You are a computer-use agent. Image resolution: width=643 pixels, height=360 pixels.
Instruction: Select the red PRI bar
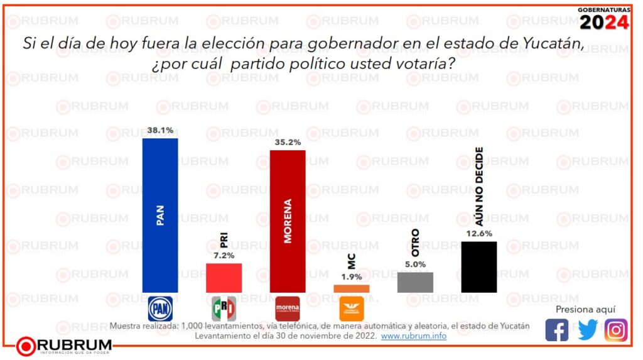tap(224, 278)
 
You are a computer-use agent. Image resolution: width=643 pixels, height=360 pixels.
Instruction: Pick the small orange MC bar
tap(351, 288)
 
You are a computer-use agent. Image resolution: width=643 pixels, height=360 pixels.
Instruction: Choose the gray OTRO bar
tap(415, 282)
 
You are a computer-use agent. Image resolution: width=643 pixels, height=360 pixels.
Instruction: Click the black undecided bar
tap(479, 266)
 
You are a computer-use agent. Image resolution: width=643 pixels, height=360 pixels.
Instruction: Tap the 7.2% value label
tap(224, 256)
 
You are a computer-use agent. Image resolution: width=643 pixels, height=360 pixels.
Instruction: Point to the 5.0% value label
tap(415, 265)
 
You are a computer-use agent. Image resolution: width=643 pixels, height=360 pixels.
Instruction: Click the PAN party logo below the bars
tap(159, 308)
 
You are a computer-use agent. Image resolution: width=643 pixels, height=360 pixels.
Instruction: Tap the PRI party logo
tap(224, 308)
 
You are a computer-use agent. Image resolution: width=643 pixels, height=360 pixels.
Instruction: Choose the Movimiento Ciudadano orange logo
tap(352, 308)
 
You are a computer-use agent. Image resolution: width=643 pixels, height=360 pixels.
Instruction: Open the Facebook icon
tap(557, 330)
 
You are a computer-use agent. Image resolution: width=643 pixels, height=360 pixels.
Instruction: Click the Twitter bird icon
tap(587, 330)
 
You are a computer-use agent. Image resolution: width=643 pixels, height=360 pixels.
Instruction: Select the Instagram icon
tap(616, 330)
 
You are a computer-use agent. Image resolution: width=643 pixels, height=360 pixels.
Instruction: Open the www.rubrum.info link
tap(414, 336)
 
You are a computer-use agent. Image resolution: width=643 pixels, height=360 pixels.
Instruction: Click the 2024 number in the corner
tap(603, 23)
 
